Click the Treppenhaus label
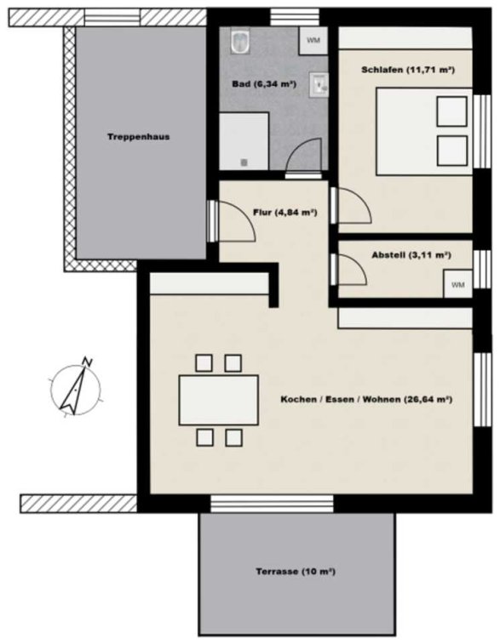coord(139,137)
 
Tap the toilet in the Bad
coord(240,41)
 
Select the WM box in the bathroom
coord(313,41)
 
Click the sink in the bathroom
coord(319,84)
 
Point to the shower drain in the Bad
coord(244,162)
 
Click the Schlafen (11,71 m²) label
coord(408,70)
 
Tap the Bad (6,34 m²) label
coord(264,84)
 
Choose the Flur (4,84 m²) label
coord(284,213)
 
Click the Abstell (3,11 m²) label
coord(411,255)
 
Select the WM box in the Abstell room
coord(457,284)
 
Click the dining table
coord(218,400)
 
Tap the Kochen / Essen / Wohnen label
coord(366,399)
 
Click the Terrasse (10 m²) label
coord(296,572)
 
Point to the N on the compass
coord(87,362)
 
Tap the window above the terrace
coord(272,504)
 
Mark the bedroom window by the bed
coord(482,131)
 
